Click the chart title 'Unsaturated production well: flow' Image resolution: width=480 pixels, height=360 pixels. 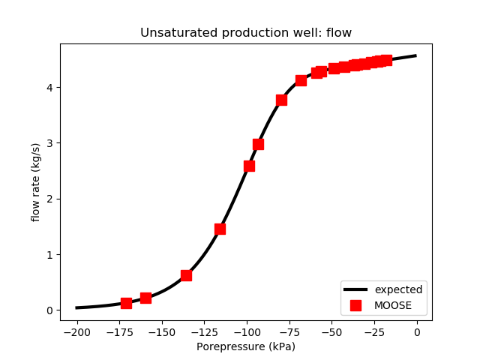[246, 33]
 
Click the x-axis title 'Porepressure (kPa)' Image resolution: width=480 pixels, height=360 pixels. [246, 346]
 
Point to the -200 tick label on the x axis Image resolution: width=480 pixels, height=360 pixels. [76, 331]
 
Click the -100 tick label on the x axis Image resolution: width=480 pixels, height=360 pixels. [247, 331]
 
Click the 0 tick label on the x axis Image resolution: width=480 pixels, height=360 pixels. [417, 331]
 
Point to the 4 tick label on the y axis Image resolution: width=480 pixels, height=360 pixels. [50, 88]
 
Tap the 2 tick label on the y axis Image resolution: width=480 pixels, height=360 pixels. [50, 199]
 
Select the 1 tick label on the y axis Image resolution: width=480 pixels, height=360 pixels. [50, 255]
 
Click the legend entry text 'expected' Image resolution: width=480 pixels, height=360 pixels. [398, 289]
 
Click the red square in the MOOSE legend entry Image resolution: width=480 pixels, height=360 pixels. [355, 305]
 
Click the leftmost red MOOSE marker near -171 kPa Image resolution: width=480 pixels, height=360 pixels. [126, 303]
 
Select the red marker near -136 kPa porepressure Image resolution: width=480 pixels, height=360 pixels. [186, 275]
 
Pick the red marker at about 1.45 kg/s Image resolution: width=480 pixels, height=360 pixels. [220, 229]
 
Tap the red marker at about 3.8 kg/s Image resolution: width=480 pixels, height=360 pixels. [281, 100]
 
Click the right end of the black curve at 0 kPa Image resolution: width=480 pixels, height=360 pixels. [416, 55]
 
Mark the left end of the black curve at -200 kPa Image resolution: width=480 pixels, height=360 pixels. [76, 307]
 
